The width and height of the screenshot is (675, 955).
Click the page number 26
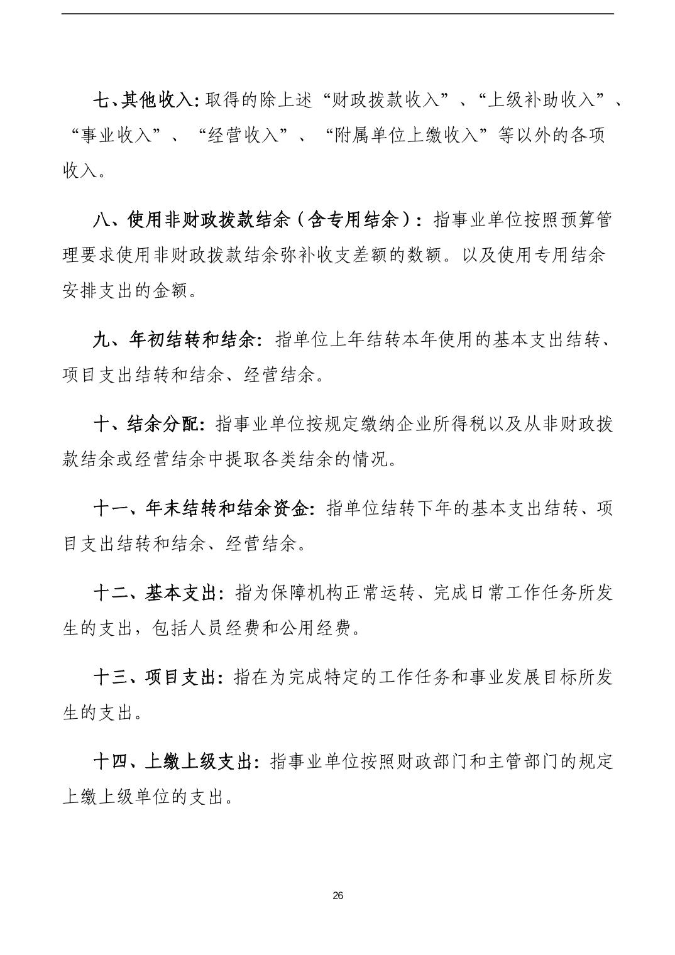(337, 895)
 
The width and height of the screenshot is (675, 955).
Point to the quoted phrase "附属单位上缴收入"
(408, 135)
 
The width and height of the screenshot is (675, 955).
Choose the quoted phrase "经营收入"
(243, 135)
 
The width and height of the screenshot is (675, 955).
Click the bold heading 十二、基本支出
(157, 592)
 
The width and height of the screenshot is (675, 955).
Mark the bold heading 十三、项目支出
(157, 677)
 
